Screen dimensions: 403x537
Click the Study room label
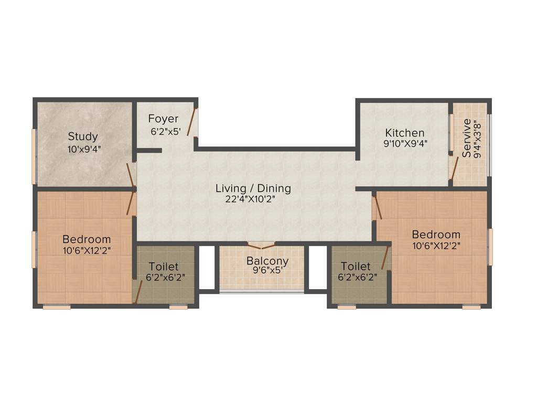tap(83, 136)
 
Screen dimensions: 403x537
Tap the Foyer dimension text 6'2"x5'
tap(166, 132)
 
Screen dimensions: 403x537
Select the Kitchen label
tap(404, 132)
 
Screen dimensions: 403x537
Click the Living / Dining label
tap(253, 188)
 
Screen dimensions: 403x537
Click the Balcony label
tap(267, 261)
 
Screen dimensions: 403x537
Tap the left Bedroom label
tap(87, 239)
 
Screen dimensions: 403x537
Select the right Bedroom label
tap(436, 234)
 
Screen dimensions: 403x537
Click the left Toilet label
tap(163, 267)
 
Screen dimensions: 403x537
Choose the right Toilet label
tap(356, 266)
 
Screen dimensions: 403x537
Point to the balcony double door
tap(261, 245)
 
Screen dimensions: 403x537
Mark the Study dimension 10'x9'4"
tap(84, 149)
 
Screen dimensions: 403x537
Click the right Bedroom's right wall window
tap(490, 247)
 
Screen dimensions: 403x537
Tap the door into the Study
tap(130, 173)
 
